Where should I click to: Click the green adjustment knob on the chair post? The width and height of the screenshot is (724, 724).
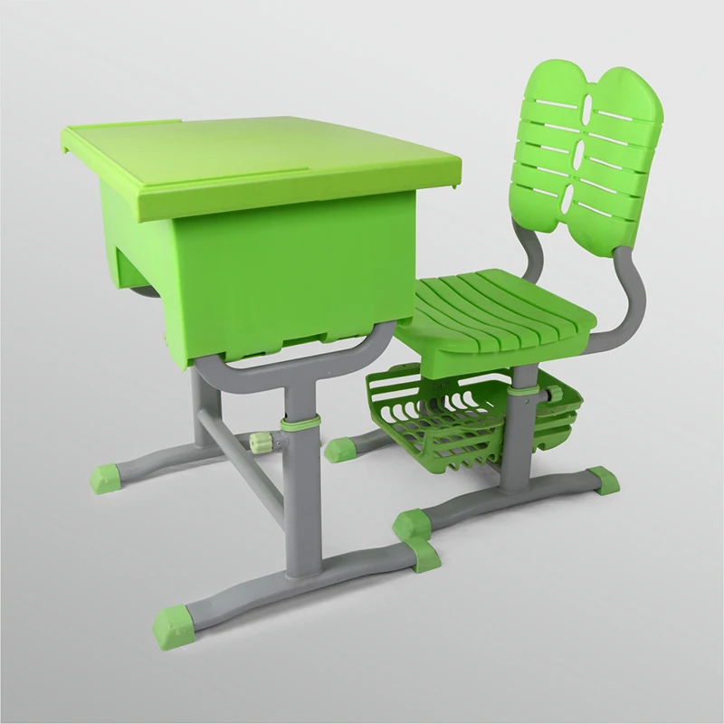tap(549, 395)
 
